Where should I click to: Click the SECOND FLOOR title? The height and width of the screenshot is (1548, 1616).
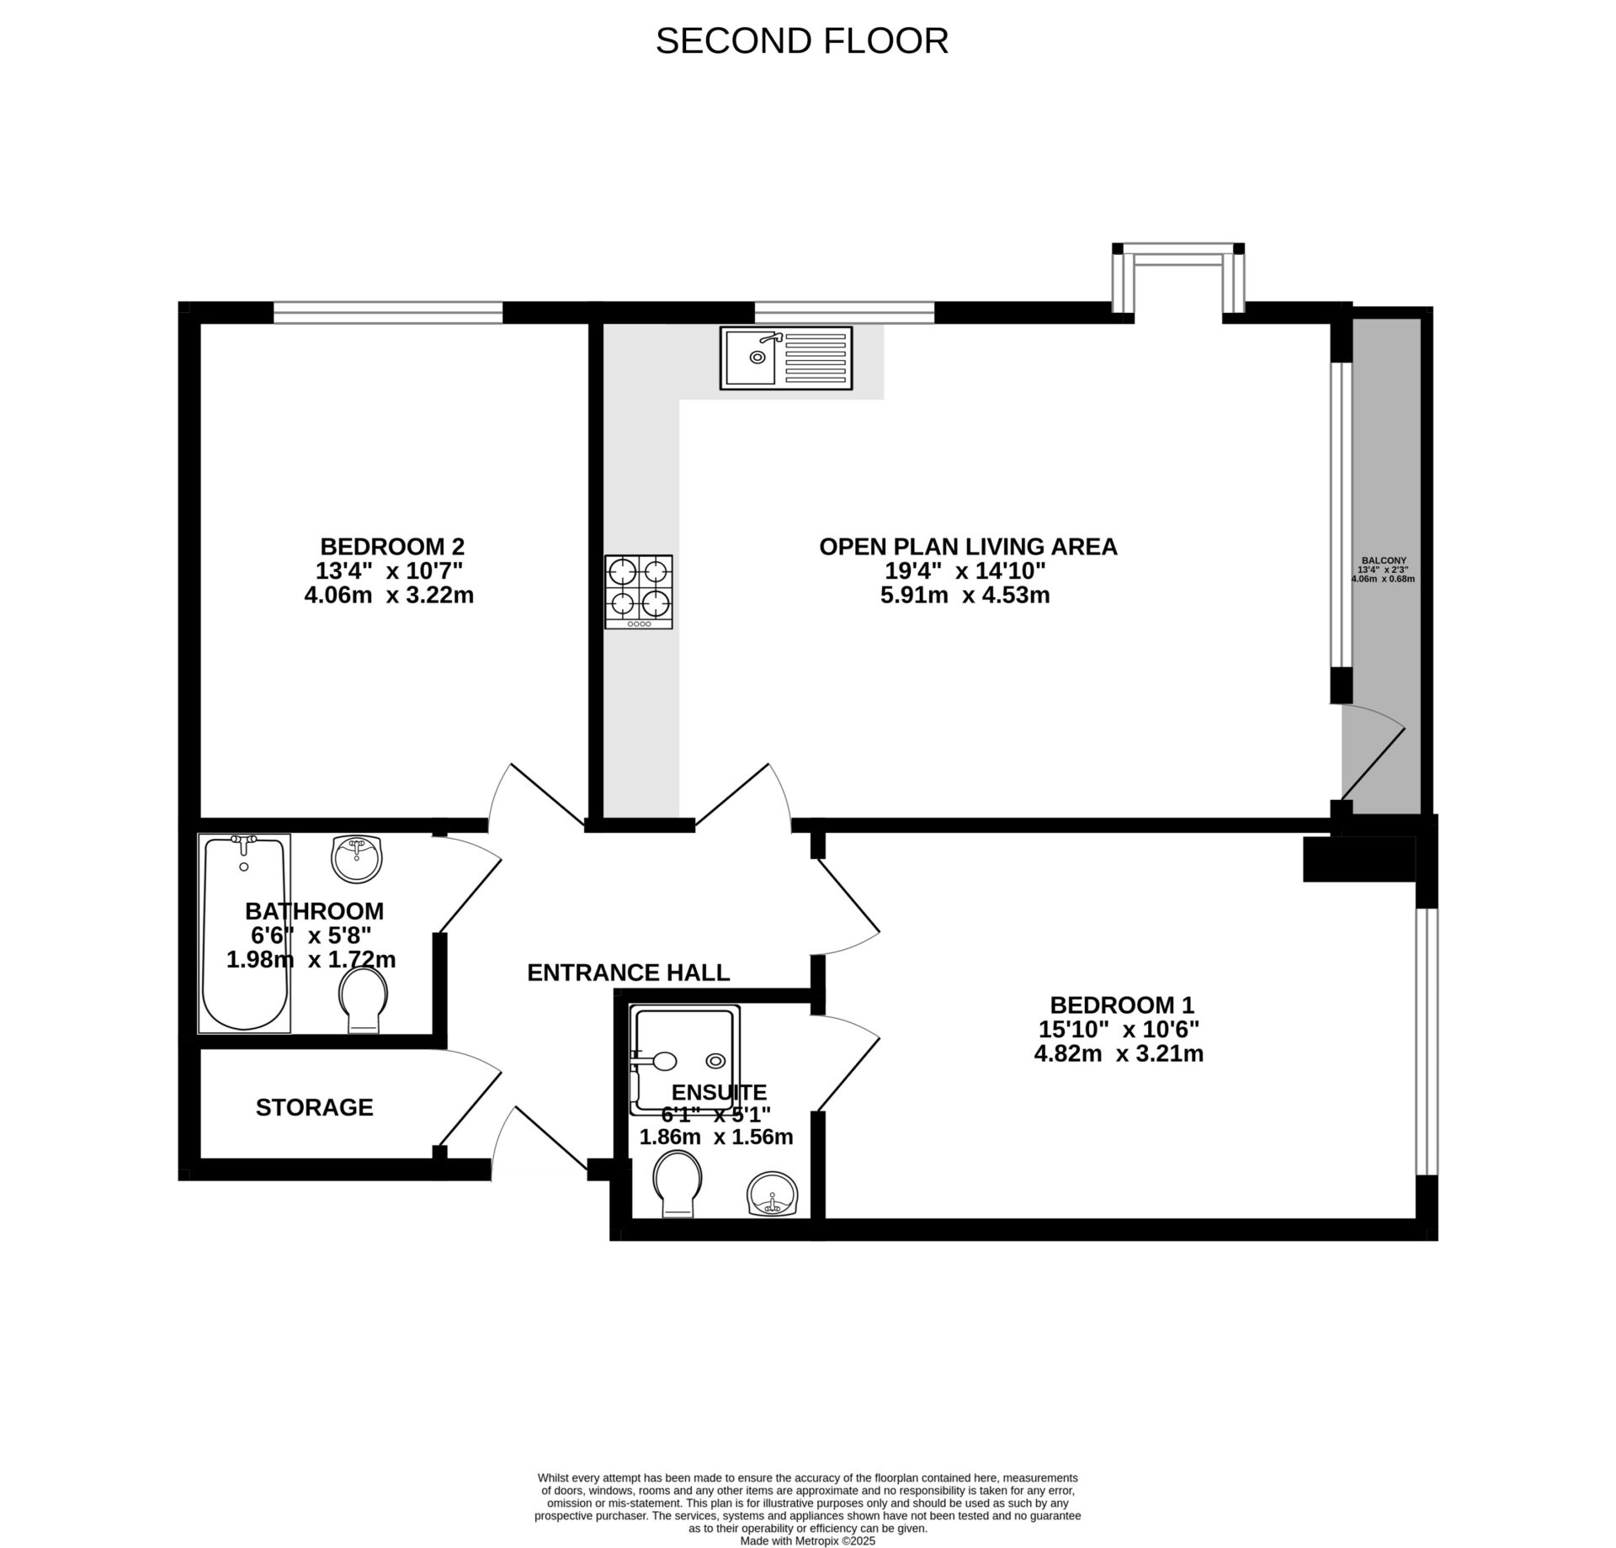tap(801, 41)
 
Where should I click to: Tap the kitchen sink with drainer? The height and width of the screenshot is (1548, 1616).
tap(785, 358)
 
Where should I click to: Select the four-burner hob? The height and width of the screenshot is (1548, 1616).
tap(638, 591)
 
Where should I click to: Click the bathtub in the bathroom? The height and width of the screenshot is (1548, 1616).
tap(244, 933)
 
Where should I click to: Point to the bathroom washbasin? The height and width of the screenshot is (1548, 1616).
tap(357, 859)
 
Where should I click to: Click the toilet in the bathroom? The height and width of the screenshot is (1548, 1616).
tap(366, 999)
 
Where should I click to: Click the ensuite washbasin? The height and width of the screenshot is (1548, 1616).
tap(772, 1193)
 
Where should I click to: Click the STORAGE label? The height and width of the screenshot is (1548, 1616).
tap(314, 1107)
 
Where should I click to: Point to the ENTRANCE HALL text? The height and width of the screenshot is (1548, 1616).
tap(628, 973)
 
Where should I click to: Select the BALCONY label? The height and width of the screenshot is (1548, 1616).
tap(1384, 560)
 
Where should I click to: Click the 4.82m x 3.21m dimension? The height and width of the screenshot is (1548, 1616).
tap(1119, 1053)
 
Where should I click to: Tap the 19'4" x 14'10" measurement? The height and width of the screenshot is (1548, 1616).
tap(965, 571)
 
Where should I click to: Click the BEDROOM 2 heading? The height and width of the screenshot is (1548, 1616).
tap(392, 546)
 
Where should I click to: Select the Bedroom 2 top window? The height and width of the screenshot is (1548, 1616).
tap(388, 312)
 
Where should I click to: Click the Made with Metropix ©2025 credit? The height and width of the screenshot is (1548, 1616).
tap(807, 1541)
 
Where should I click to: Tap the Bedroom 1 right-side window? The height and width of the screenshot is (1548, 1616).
tap(1426, 1041)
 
